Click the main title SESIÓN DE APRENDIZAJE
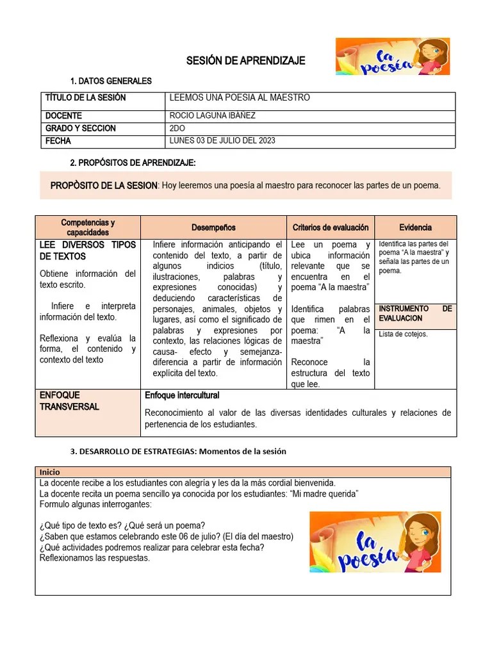click(x=245, y=61)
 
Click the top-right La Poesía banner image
click(x=392, y=56)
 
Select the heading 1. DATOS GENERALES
click(x=111, y=81)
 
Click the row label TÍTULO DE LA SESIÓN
click(x=85, y=98)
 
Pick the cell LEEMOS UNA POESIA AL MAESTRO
click(x=239, y=98)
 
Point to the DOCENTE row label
click(x=63, y=116)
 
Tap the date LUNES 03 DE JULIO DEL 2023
click(x=222, y=141)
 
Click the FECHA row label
click(x=58, y=141)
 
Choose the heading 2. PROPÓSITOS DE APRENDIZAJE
click(x=133, y=163)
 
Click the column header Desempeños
click(x=213, y=227)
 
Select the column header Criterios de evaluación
click(x=331, y=227)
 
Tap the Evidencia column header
click(x=415, y=227)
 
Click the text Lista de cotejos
click(x=403, y=334)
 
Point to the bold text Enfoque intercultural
click(x=182, y=395)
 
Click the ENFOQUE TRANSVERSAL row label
click(x=69, y=401)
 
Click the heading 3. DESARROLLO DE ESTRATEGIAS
click(x=178, y=451)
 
